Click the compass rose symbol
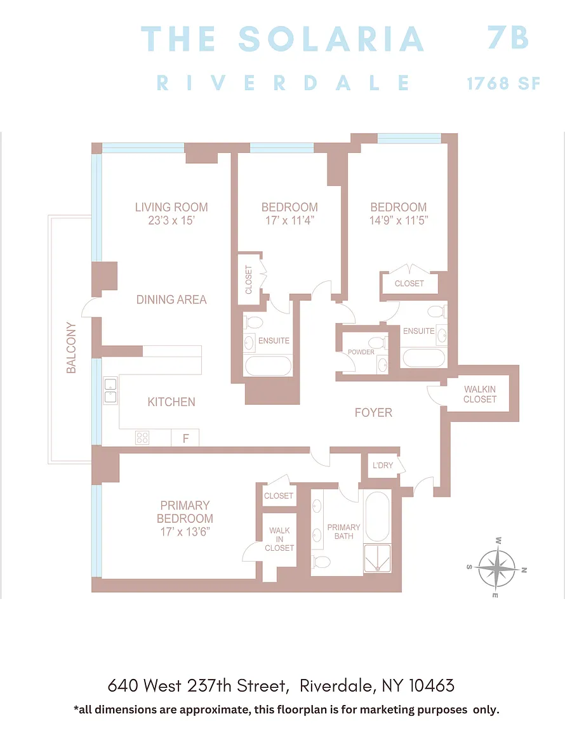click(x=498, y=569)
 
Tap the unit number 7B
click(x=508, y=37)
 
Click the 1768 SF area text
click(x=503, y=84)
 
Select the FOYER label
click(x=373, y=412)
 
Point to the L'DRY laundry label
click(x=383, y=465)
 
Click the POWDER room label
click(x=361, y=352)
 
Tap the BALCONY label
click(x=71, y=348)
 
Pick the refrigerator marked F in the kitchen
click(x=185, y=438)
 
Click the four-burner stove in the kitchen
click(x=142, y=438)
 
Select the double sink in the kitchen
click(x=110, y=390)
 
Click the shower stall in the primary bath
click(x=377, y=558)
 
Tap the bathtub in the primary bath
click(x=377, y=517)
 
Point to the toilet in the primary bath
click(x=321, y=562)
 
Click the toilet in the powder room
click(x=378, y=343)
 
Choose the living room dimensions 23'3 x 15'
click(x=171, y=221)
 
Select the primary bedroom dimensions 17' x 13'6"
click(x=185, y=532)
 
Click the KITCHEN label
click(x=171, y=402)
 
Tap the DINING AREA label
click(x=171, y=300)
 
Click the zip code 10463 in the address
click(x=432, y=686)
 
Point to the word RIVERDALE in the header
click(x=283, y=84)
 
